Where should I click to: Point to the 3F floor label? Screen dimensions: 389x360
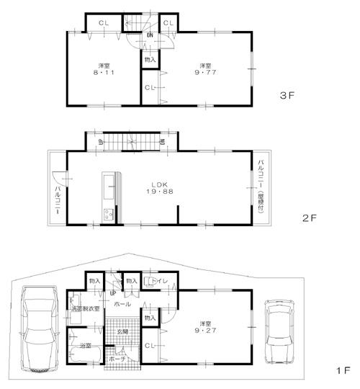pyautogui.click(x=289, y=94)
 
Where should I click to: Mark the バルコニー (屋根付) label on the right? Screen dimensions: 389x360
pyautogui.click(x=261, y=186)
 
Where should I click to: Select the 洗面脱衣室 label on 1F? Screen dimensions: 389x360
pyautogui.click(x=86, y=309)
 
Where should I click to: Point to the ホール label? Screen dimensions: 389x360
pyautogui.click(x=122, y=305)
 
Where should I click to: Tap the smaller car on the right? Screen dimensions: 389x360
pyautogui.click(x=279, y=331)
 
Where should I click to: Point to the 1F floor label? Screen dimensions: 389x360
pyautogui.click(x=341, y=370)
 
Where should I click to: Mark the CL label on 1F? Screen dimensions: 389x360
pyautogui.click(x=149, y=346)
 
